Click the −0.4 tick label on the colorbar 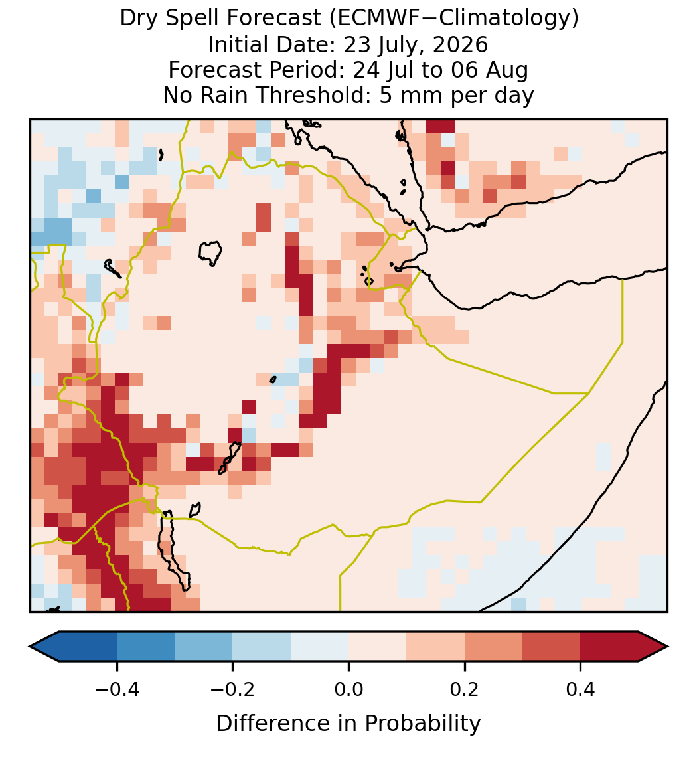point(117,689)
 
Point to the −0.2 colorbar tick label point(233,689)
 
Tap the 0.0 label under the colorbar point(348,689)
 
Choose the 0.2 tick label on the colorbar point(465,689)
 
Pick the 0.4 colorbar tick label point(581,689)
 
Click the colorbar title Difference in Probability point(348,724)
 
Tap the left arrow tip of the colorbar point(30,647)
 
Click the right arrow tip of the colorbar point(668,647)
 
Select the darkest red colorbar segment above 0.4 point(609,647)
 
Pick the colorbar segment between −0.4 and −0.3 point(145,647)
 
